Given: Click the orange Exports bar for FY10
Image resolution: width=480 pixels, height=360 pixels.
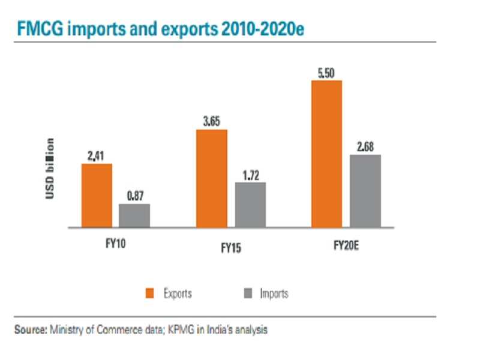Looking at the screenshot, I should coord(97,195).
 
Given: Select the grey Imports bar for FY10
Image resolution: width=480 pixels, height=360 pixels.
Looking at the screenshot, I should coord(134,215).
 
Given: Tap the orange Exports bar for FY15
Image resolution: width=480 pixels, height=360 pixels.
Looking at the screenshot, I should coord(212,178).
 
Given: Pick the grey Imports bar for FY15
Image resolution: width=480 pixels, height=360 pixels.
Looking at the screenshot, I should coord(250,205).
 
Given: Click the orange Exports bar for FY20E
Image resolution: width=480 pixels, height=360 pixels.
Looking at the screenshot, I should coord(326,154).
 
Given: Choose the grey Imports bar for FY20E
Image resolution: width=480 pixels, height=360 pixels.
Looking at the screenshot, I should coord(365,191).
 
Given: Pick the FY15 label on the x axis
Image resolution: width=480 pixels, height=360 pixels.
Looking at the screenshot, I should coord(230,247).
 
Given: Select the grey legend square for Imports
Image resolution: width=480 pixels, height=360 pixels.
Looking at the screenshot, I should coord(248,293).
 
